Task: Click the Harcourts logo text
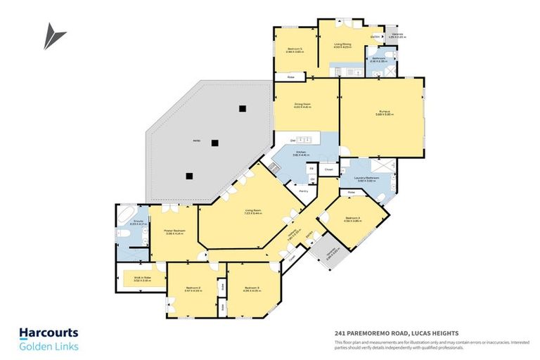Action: pyautogui.click(x=49, y=333)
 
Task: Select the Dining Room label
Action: pyautogui.click(x=302, y=105)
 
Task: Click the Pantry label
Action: pyautogui.click(x=304, y=191)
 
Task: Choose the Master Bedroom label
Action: pyautogui.click(x=174, y=231)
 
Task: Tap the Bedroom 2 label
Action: pyautogui.click(x=193, y=289)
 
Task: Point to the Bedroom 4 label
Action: pyautogui.click(x=353, y=219)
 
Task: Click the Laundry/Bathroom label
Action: pyautogui.click(x=368, y=179)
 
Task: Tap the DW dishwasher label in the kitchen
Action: pyautogui.click(x=283, y=140)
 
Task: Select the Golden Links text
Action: pyautogui.click(x=49, y=347)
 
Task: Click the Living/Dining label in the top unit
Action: pyautogui.click(x=342, y=45)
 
